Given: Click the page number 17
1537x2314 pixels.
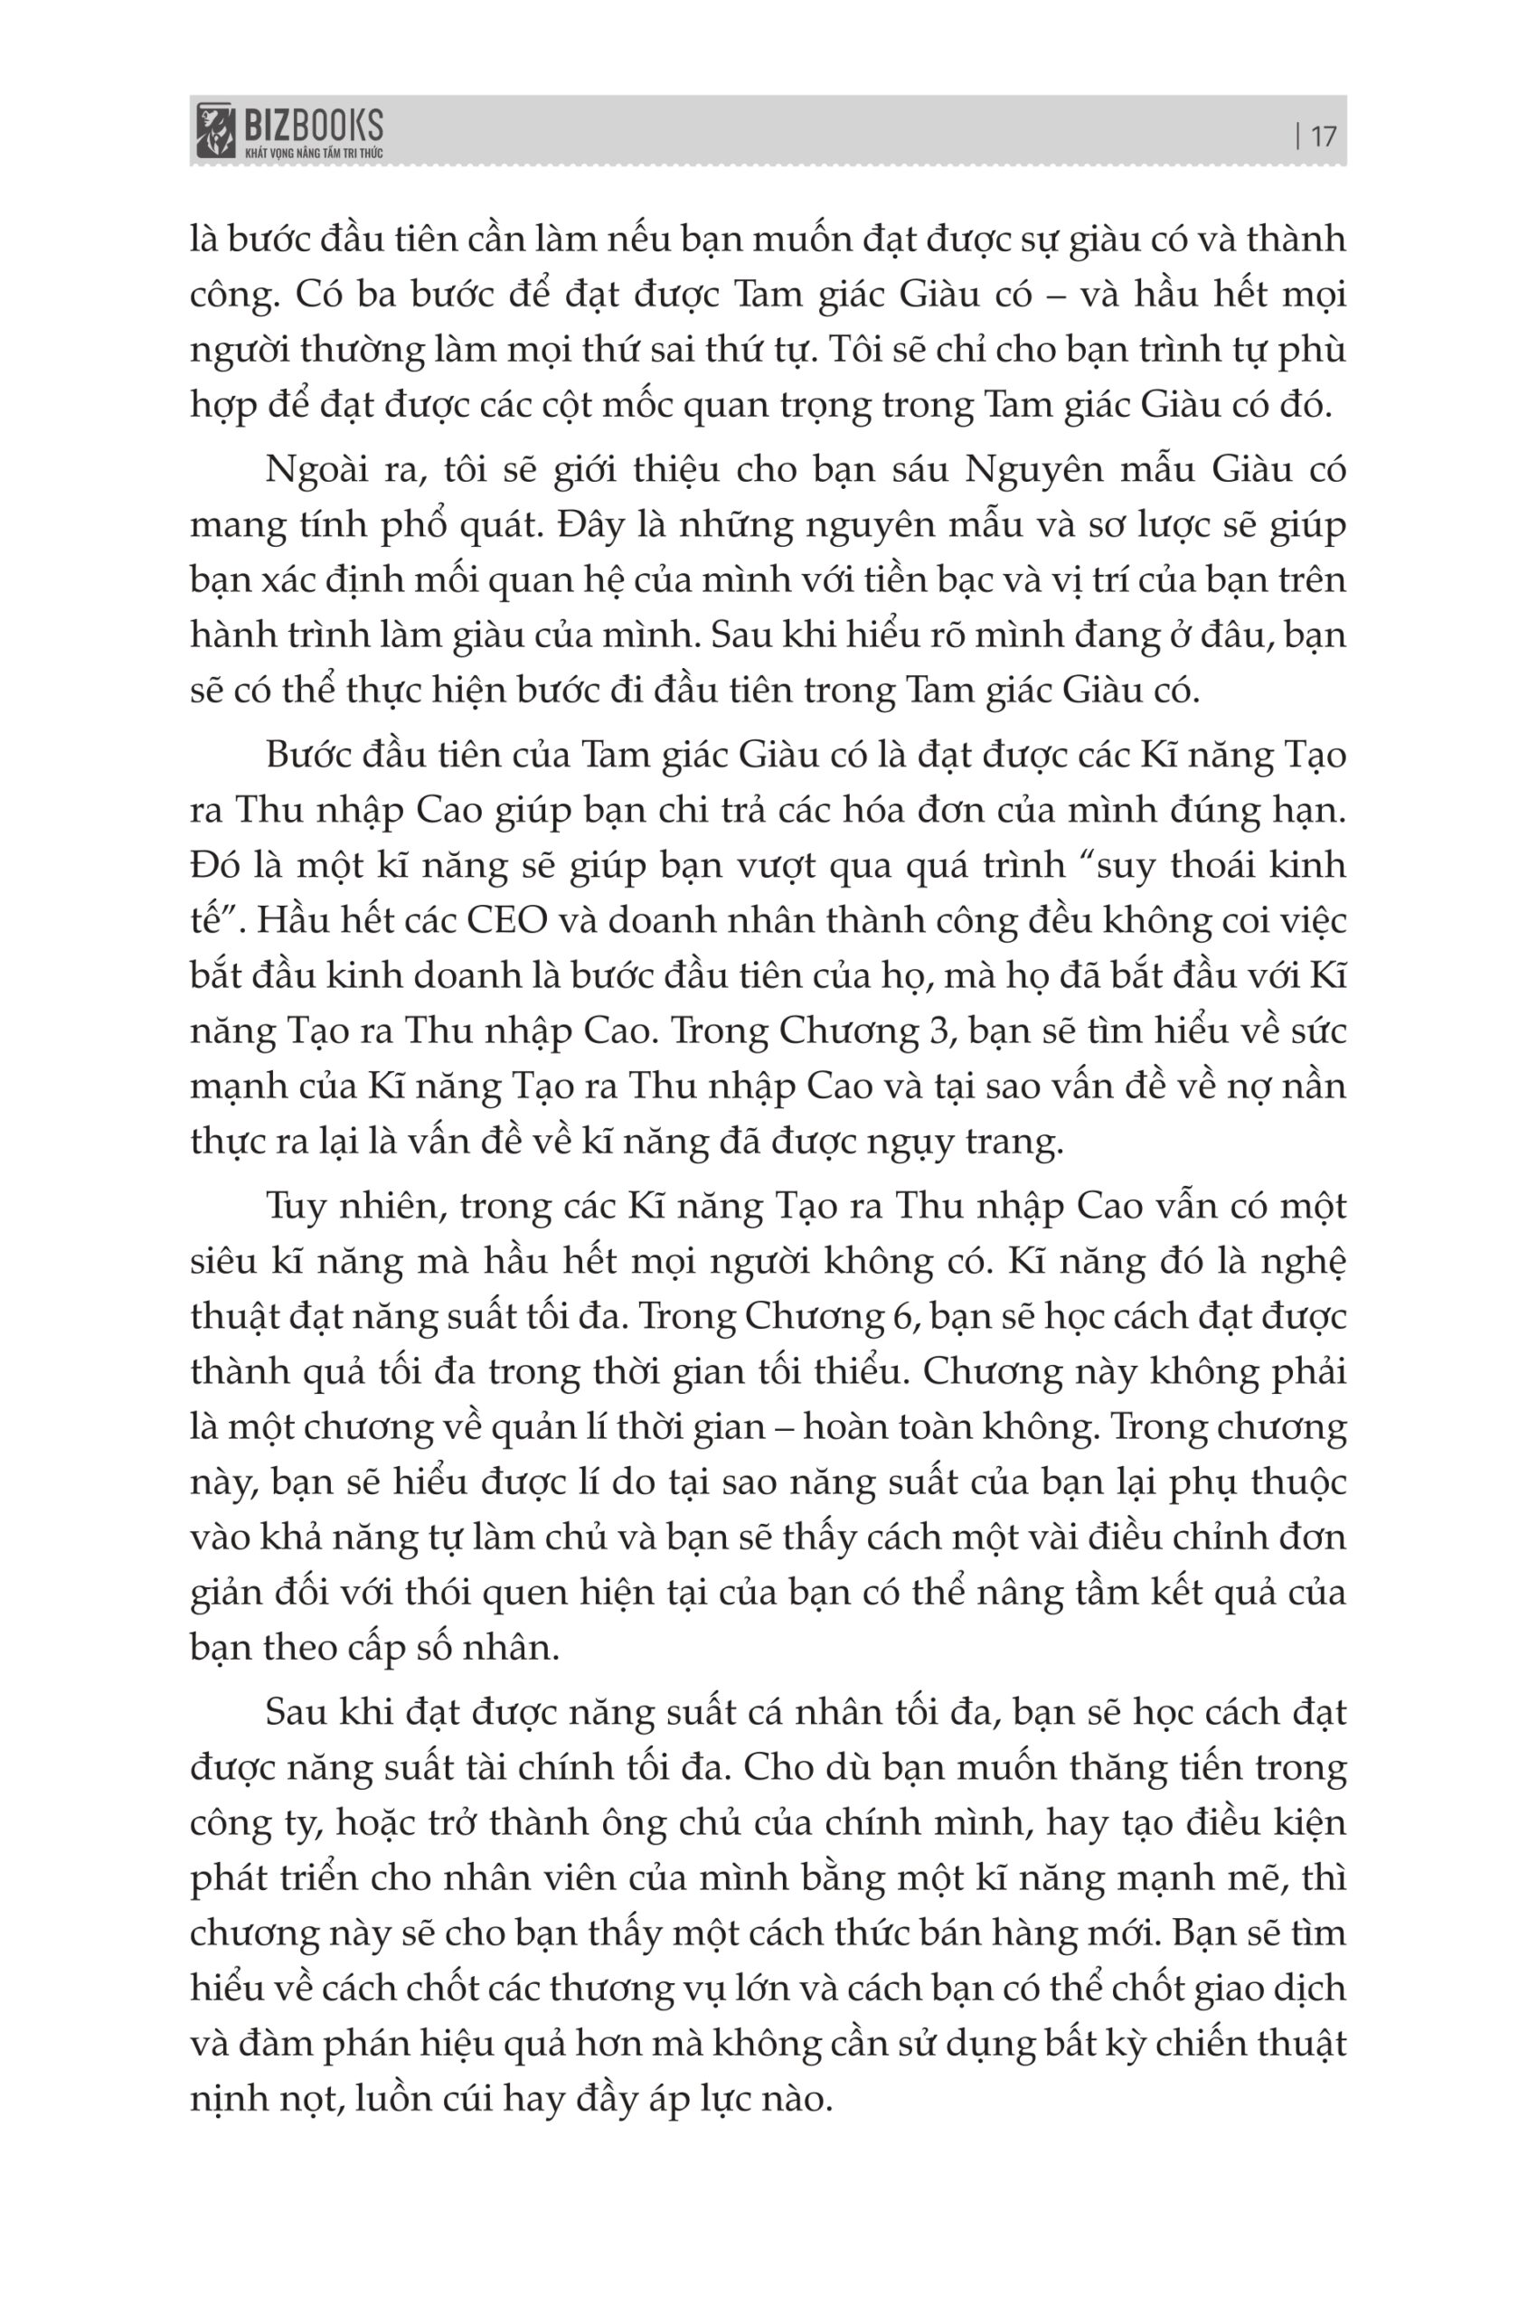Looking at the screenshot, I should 1323,136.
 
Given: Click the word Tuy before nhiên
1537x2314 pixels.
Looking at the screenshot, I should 295,1206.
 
